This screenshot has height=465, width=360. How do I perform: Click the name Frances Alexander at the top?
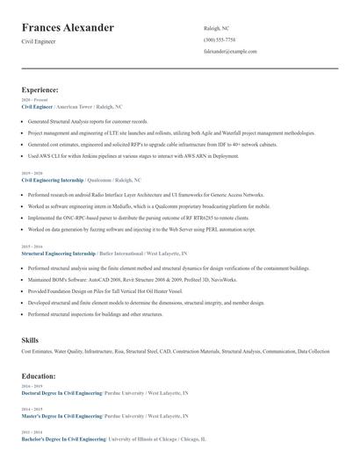click(68, 28)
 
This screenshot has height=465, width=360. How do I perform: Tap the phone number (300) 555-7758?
click(219, 39)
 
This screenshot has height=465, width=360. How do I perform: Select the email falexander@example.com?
click(230, 52)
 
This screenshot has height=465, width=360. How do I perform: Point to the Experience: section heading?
click(40, 89)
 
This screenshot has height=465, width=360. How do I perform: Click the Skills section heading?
click(30, 339)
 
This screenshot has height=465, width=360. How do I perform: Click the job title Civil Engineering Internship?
click(54, 179)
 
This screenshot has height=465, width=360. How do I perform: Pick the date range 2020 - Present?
click(32, 100)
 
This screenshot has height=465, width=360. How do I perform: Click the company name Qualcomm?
click(101, 179)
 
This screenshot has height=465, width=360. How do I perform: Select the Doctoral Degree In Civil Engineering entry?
click(61, 392)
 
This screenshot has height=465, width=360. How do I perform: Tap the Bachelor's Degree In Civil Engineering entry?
click(61, 438)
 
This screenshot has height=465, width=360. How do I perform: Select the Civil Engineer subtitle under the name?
click(39, 42)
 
